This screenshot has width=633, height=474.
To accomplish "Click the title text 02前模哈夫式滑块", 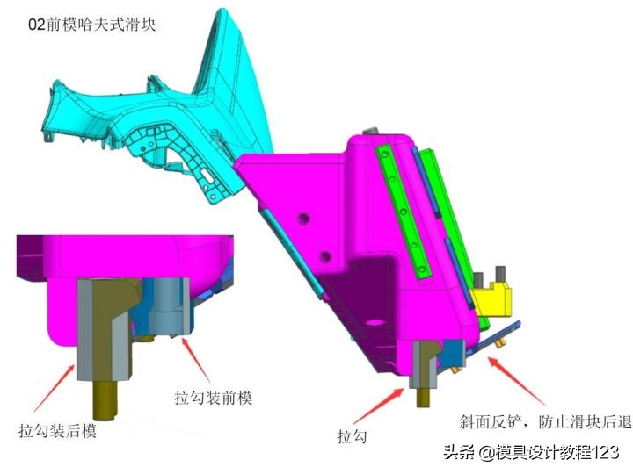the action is pos(92,25).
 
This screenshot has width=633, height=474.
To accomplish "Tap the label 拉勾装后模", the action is pos(58,431).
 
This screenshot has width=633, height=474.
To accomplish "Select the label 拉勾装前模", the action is pos(213,398).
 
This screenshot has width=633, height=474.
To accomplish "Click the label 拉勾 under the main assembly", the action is pos(352,436).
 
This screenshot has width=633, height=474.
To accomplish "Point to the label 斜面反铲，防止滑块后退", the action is pos(545,421).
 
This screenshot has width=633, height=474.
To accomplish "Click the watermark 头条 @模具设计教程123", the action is pos(531,452).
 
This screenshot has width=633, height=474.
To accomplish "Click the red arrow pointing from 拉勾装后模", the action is pos(55,387).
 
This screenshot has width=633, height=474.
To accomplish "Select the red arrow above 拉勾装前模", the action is pos(196,360).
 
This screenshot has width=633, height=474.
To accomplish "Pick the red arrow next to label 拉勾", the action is pos(378,406).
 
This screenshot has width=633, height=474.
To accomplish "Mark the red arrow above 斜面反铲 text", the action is pos(516,381).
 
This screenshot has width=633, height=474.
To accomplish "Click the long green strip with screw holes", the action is pos(403,212).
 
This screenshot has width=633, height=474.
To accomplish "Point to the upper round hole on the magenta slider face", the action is pos(303,219).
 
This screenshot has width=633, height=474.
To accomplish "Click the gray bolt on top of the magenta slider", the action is pos(371,132).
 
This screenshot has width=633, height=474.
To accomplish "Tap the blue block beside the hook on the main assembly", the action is pos(454,353).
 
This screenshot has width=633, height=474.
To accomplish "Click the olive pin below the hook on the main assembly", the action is pos(423,397).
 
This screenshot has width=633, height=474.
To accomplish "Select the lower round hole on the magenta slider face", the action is pos(325,256).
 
